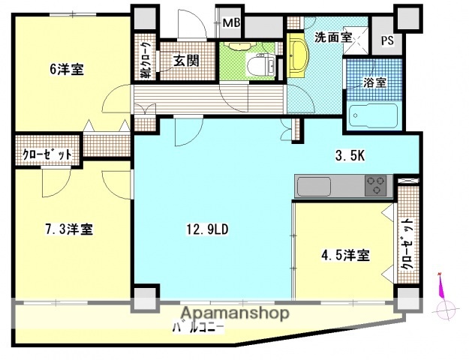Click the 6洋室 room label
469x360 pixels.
pyautogui.click(x=66, y=70)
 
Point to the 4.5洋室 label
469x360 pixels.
pyautogui.click(x=345, y=255)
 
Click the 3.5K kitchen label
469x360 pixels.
pyautogui.click(x=350, y=157)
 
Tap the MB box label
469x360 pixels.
pyautogui.click(x=231, y=23)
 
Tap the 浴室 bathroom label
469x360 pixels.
pyautogui.click(x=375, y=82)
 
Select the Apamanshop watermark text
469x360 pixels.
pyautogui.click(x=234, y=313)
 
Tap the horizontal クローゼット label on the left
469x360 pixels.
pyautogui.click(x=47, y=154)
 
